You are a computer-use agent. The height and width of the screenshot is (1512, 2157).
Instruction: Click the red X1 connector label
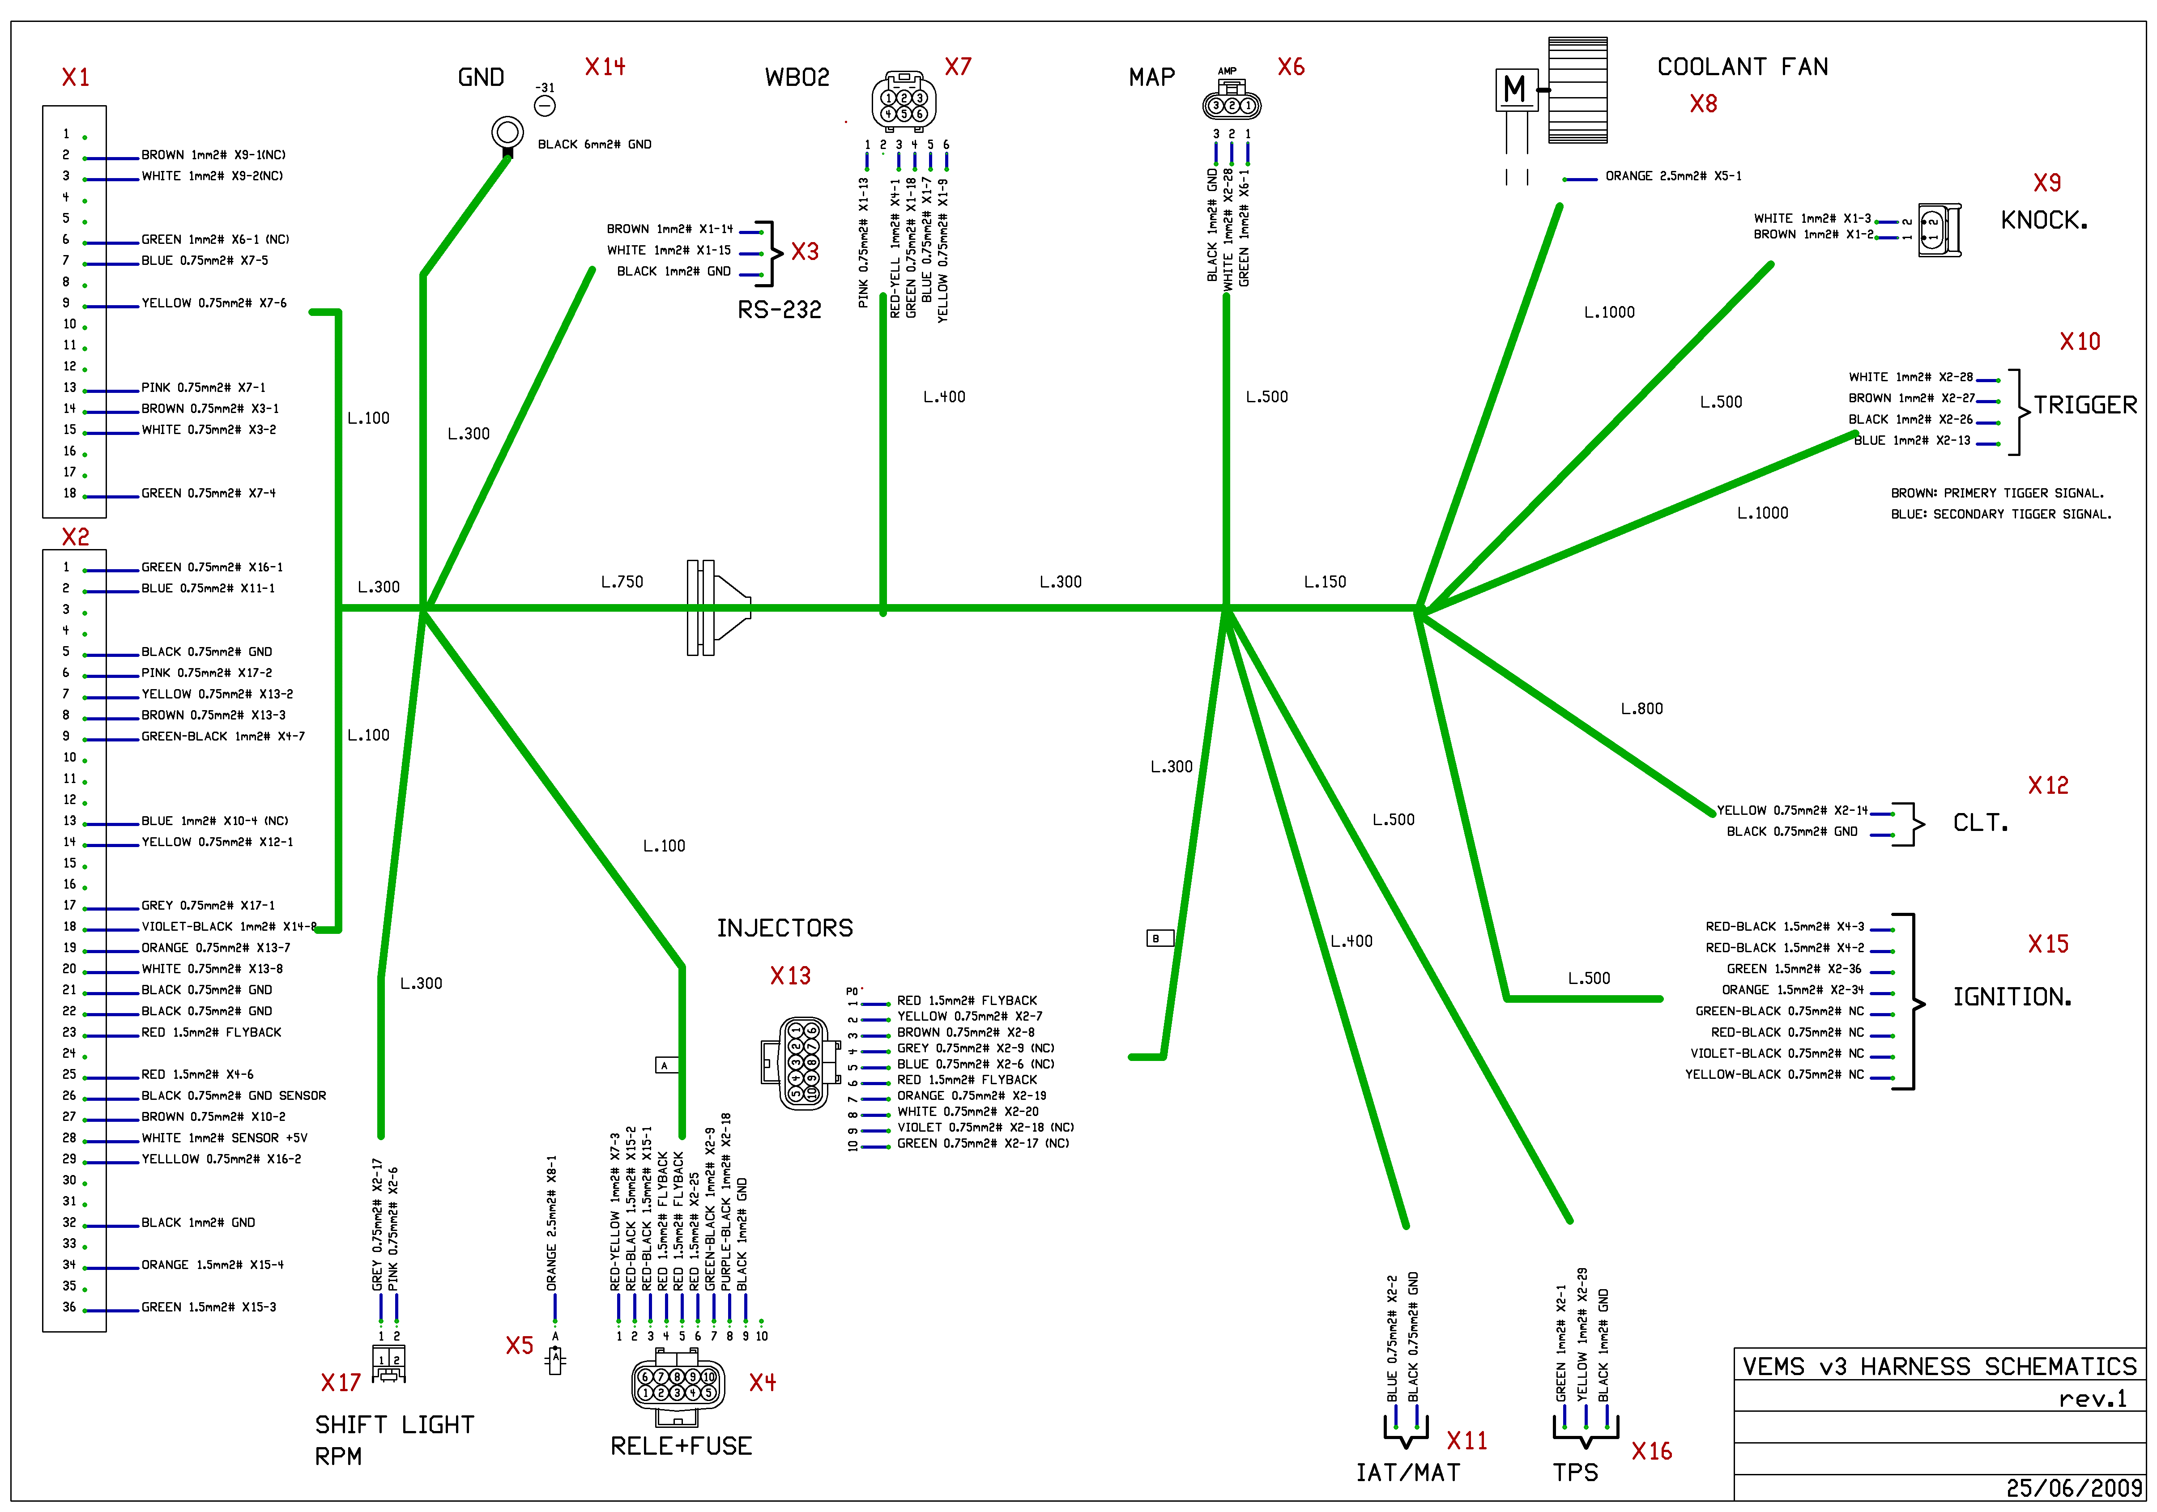[x=75, y=77]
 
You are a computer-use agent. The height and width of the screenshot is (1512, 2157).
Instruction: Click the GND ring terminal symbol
[x=507, y=132]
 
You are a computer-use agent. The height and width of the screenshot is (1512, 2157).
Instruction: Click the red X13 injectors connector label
[x=790, y=976]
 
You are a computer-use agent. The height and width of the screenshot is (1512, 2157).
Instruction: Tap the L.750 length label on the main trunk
[x=622, y=582]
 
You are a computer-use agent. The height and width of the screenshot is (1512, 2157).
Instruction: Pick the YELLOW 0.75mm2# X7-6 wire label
[x=214, y=303]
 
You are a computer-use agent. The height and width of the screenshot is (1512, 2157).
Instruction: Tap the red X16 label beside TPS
[x=1652, y=1452]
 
